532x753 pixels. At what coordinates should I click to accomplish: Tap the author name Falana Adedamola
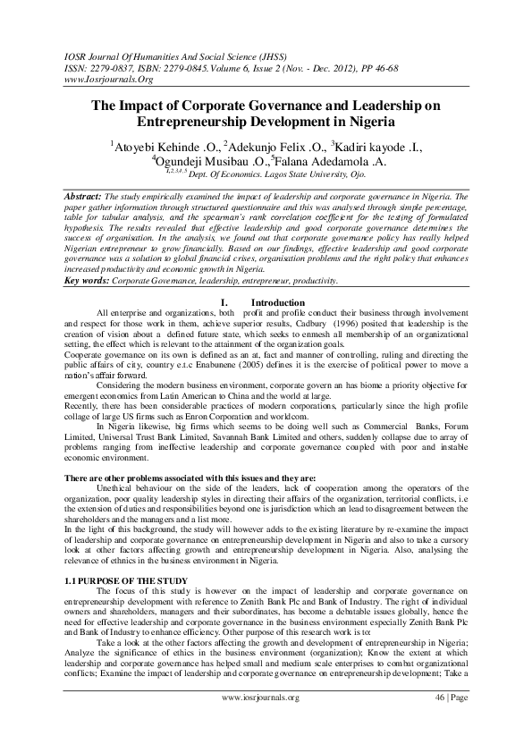(335, 162)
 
